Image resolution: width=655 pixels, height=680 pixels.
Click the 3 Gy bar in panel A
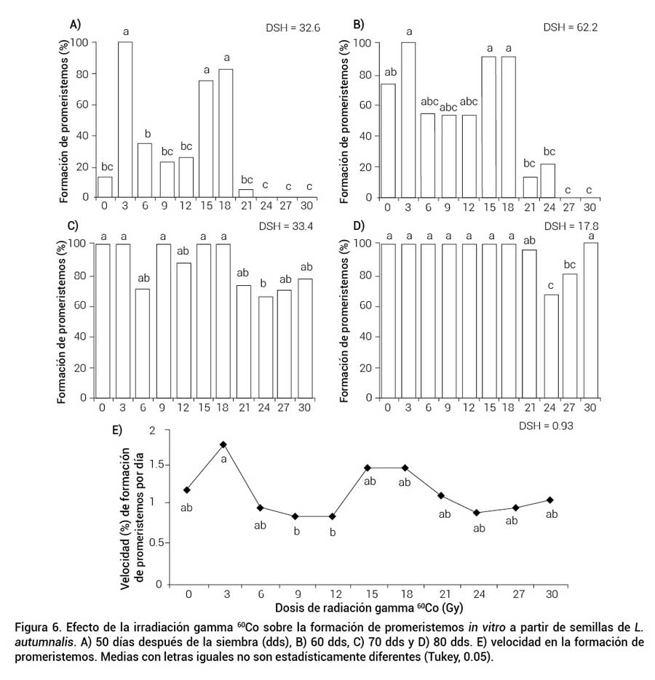125,119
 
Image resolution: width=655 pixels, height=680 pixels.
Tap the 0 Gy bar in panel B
389,140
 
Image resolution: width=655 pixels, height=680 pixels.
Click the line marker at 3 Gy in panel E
223,444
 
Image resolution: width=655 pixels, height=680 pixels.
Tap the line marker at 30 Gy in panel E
550,500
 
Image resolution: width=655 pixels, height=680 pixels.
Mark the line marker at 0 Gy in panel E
187,490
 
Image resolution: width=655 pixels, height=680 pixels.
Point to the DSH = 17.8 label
571,225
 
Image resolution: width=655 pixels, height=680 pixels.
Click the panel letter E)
117,430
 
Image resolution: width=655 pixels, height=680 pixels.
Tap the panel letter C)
74,226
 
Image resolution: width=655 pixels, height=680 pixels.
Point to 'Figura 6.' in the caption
38,627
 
